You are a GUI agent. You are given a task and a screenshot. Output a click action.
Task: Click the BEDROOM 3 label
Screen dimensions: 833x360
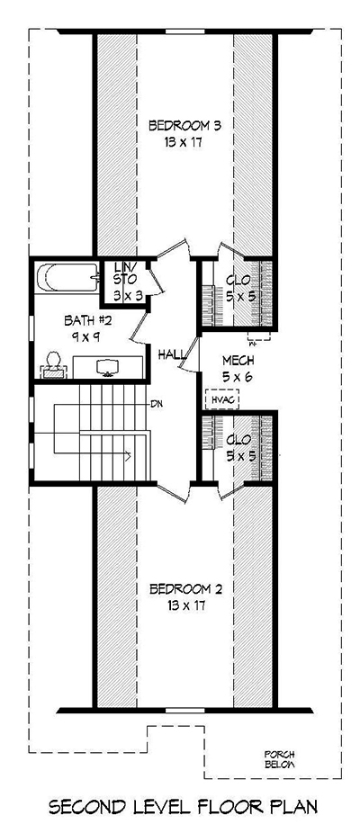(184, 124)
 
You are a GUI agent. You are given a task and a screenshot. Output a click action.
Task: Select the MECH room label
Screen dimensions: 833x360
(238, 362)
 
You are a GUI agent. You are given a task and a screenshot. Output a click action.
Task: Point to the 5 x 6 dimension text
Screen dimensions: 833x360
(238, 377)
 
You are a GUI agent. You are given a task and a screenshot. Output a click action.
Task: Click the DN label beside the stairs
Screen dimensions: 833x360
(156, 403)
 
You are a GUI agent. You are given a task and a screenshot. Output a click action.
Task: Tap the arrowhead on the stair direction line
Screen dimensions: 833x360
(131, 456)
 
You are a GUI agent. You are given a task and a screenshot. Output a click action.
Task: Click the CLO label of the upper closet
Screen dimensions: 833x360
(238, 279)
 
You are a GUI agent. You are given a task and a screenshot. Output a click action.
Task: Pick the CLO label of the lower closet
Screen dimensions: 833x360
(238, 440)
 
